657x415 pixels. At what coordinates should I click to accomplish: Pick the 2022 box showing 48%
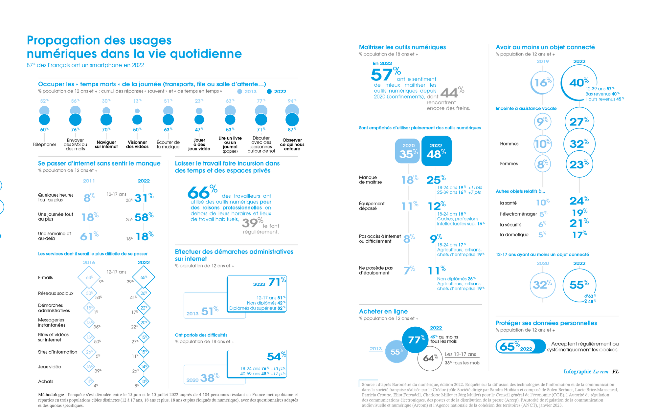click(436, 151)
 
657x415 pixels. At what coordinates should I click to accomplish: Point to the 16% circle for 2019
click(542, 82)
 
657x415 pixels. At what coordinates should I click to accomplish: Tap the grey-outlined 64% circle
click(430, 358)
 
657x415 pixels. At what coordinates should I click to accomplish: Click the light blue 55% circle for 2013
click(396, 352)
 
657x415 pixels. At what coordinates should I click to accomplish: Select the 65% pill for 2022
click(520, 346)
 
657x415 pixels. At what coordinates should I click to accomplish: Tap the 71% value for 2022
click(277, 282)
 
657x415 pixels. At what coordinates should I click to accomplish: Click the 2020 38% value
click(209, 378)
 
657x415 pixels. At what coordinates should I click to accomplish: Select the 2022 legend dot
click(269, 92)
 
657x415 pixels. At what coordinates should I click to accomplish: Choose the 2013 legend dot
click(240, 92)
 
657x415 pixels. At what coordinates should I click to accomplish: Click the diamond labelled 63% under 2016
click(89, 277)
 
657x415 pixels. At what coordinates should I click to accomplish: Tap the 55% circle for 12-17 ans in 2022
click(579, 285)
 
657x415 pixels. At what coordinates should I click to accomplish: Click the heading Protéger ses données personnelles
click(546, 323)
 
